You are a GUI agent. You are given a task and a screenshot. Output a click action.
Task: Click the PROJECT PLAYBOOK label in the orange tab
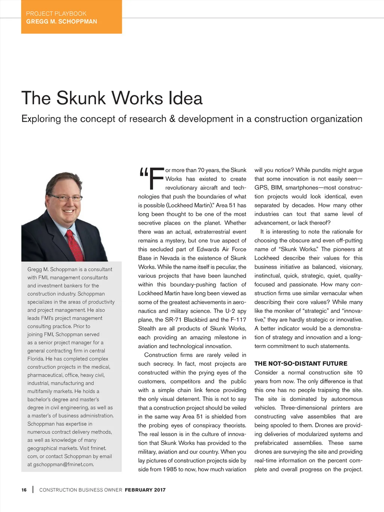[56, 14]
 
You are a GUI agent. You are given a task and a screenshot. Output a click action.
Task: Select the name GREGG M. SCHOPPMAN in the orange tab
[61, 21]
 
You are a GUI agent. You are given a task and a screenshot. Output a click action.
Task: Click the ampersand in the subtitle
[172, 119]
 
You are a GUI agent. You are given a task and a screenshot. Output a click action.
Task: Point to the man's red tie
[75, 245]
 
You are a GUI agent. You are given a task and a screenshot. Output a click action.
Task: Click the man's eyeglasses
[66, 198]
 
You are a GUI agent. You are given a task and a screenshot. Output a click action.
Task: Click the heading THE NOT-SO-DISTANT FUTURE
[301, 363]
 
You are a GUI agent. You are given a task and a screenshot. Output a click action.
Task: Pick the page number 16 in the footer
[24, 490]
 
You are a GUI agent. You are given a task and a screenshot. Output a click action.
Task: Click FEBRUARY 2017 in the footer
[145, 490]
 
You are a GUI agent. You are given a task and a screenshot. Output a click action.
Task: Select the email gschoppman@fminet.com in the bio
[63, 464]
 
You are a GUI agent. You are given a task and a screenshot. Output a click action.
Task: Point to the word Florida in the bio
[35, 359]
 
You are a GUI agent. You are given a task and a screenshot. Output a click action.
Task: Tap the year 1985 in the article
[170, 469]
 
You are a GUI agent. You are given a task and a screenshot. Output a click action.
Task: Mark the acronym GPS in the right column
[261, 188]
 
